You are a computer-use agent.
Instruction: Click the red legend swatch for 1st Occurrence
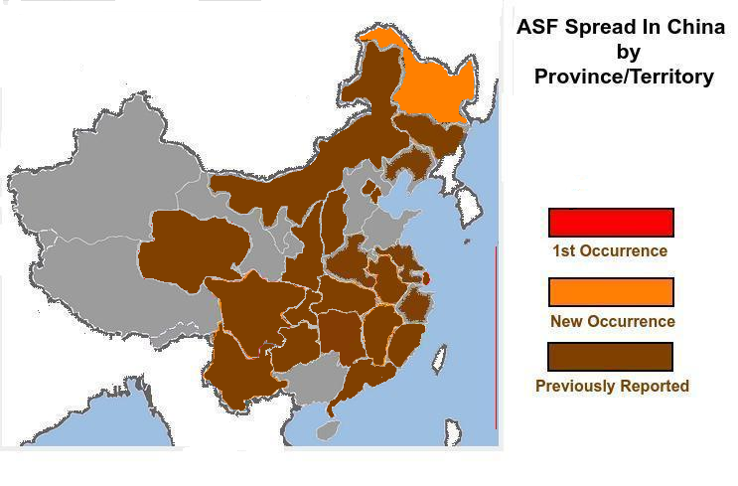tap(611, 222)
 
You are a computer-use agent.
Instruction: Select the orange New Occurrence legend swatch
tap(611, 292)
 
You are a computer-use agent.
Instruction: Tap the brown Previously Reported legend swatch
tap(611, 357)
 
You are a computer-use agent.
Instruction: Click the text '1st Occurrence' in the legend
tap(610, 250)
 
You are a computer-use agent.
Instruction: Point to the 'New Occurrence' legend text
tap(612, 321)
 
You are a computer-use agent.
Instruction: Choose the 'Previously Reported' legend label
tap(612, 386)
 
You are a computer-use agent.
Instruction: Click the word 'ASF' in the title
tap(538, 27)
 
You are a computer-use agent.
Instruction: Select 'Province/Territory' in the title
tap(624, 77)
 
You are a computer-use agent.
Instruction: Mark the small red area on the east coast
tap(426, 279)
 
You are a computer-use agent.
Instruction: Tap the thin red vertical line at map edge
tap(496, 338)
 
